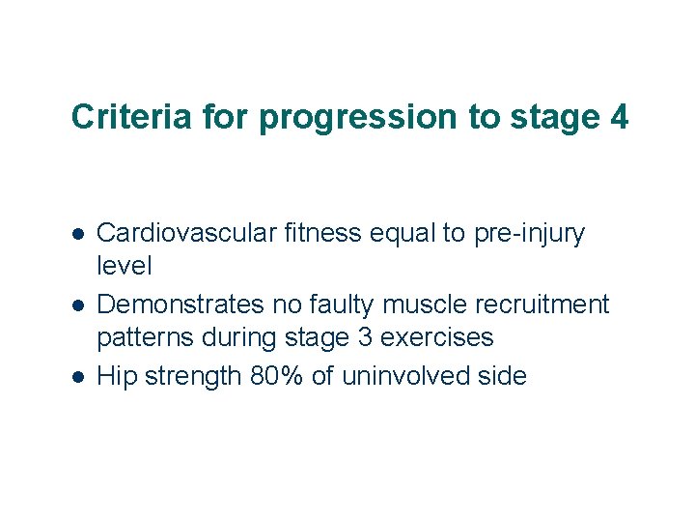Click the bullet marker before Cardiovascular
click(79, 235)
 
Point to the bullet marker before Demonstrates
click(79, 306)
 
